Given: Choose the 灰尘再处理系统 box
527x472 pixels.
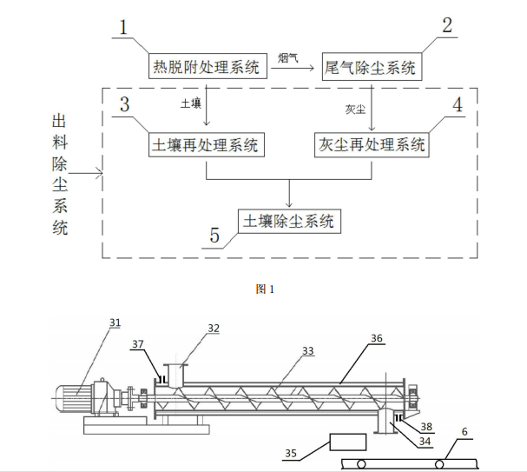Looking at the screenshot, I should point(371,144).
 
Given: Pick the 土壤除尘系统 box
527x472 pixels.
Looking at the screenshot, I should point(289,221).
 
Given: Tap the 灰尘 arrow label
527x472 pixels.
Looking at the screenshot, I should point(355,110).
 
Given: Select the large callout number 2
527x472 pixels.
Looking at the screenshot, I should point(446,25).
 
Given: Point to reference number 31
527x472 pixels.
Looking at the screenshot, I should point(115,322).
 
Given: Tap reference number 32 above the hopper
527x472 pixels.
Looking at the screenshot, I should point(214,329).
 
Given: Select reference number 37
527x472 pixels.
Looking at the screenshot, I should point(139,343).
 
